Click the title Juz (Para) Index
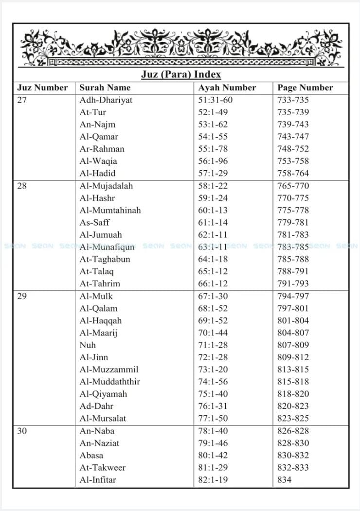pyautogui.click(x=181, y=74)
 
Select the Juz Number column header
pyautogui.click(x=42, y=88)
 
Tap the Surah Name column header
pyautogui.click(x=105, y=88)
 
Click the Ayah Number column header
pyautogui.click(x=227, y=88)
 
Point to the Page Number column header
pyautogui.click(x=305, y=88)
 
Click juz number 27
pyautogui.click(x=22, y=100)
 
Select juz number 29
pyautogui.click(x=22, y=296)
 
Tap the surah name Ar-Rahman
pyautogui.click(x=102, y=149)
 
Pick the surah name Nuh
pyautogui.click(x=88, y=345)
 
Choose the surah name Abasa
pyautogui.click(x=91, y=455)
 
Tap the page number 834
pyautogui.click(x=285, y=480)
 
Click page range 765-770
pyautogui.click(x=293, y=186)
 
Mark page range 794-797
pyautogui.click(x=293, y=296)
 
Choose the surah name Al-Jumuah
pyautogui.click(x=101, y=235)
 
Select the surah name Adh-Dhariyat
pyautogui.click(x=106, y=100)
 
